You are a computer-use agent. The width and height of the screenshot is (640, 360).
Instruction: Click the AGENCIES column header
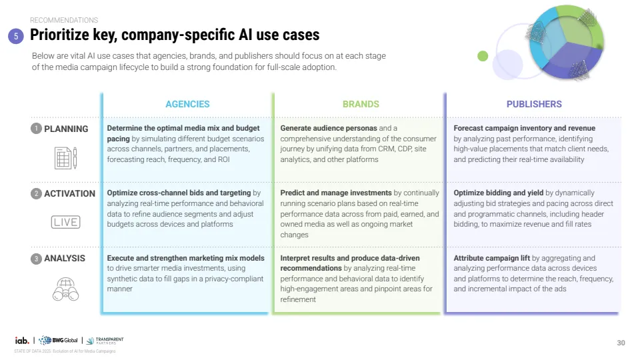coord(187,104)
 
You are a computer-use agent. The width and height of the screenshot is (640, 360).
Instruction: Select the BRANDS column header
coord(361,104)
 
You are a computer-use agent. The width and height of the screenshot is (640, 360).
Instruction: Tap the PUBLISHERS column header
coord(534,104)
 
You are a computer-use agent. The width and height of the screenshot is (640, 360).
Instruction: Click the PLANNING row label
coord(66,129)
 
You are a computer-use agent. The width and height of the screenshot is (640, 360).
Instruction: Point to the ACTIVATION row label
coord(69,193)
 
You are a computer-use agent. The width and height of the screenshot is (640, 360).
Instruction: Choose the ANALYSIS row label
coord(65,258)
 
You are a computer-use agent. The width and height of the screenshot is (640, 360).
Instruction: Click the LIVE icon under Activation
coord(65,222)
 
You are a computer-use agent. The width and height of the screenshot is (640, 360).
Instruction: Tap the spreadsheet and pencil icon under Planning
coord(65,158)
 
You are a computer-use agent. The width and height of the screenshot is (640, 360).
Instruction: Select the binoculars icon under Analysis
coord(65,289)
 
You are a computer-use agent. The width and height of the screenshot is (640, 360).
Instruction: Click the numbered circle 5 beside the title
coord(17,37)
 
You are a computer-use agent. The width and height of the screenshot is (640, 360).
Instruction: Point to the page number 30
coord(621,343)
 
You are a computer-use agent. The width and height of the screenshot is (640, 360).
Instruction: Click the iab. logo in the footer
coord(22,341)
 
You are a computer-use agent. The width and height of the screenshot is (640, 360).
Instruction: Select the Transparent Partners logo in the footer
coord(105,341)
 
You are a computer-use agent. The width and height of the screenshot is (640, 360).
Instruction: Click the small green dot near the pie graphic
coord(483,57)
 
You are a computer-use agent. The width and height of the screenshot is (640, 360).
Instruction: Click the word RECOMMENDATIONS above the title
coord(64,21)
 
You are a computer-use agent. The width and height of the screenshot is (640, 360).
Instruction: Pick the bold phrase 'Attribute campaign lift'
coord(491,258)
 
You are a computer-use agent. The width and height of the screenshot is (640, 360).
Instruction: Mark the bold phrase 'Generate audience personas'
coord(328,128)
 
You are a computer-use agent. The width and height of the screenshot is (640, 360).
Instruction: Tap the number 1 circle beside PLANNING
coord(36,129)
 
